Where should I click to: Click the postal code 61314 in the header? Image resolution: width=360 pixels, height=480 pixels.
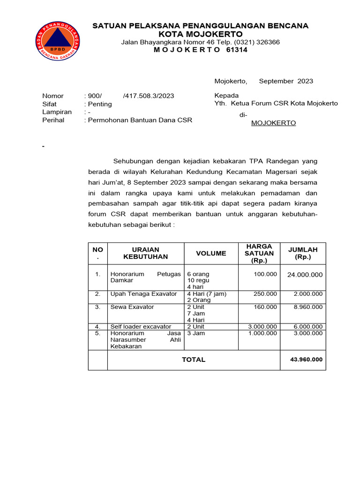(237, 50)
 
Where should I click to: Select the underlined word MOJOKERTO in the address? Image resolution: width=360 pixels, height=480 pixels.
(274, 123)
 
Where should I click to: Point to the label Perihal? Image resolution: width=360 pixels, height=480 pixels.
(53, 120)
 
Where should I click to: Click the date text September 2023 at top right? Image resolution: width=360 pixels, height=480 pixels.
(286, 81)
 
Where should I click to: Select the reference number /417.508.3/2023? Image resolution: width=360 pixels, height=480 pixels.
(148, 96)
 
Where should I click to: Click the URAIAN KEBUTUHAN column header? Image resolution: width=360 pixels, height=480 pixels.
(145, 253)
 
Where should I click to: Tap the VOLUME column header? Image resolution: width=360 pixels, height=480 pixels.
(211, 253)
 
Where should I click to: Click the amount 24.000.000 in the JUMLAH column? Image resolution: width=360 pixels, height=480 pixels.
(305, 275)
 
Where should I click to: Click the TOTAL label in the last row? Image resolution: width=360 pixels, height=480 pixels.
(194, 360)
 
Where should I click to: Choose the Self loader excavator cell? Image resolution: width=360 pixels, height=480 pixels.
(141, 327)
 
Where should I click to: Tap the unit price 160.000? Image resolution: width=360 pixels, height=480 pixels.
(265, 307)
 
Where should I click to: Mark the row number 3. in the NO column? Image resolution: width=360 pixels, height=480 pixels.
(97, 307)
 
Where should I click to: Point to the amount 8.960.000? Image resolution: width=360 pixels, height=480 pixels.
(308, 307)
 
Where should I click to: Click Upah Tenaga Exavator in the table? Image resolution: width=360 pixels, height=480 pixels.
(143, 294)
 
